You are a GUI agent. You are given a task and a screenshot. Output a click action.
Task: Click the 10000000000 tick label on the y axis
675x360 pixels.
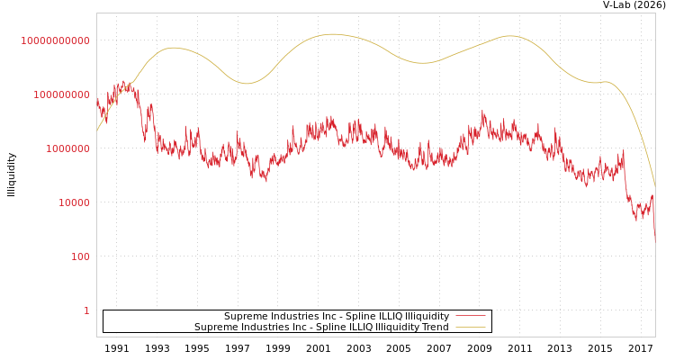tap(56, 40)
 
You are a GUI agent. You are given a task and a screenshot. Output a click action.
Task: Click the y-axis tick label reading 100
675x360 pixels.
tap(80, 256)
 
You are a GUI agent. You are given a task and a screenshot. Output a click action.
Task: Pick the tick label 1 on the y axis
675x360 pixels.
tap(86, 310)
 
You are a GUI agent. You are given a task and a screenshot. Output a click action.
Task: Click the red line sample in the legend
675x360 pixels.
tap(470, 317)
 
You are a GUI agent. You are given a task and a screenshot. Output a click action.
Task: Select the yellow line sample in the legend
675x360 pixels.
tap(470, 328)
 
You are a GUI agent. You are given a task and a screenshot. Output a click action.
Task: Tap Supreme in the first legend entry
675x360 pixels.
tap(246, 317)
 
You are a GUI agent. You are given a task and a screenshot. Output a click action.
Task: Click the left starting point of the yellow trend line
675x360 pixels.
tap(97, 131)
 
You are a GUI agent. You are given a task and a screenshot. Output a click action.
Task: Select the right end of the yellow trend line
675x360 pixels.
tap(655, 186)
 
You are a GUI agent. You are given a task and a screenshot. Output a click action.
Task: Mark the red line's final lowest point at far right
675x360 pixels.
tap(655, 241)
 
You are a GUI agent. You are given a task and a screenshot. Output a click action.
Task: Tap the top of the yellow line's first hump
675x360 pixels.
tap(174, 48)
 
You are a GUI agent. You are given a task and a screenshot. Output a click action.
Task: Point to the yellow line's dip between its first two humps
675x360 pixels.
tap(247, 84)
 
